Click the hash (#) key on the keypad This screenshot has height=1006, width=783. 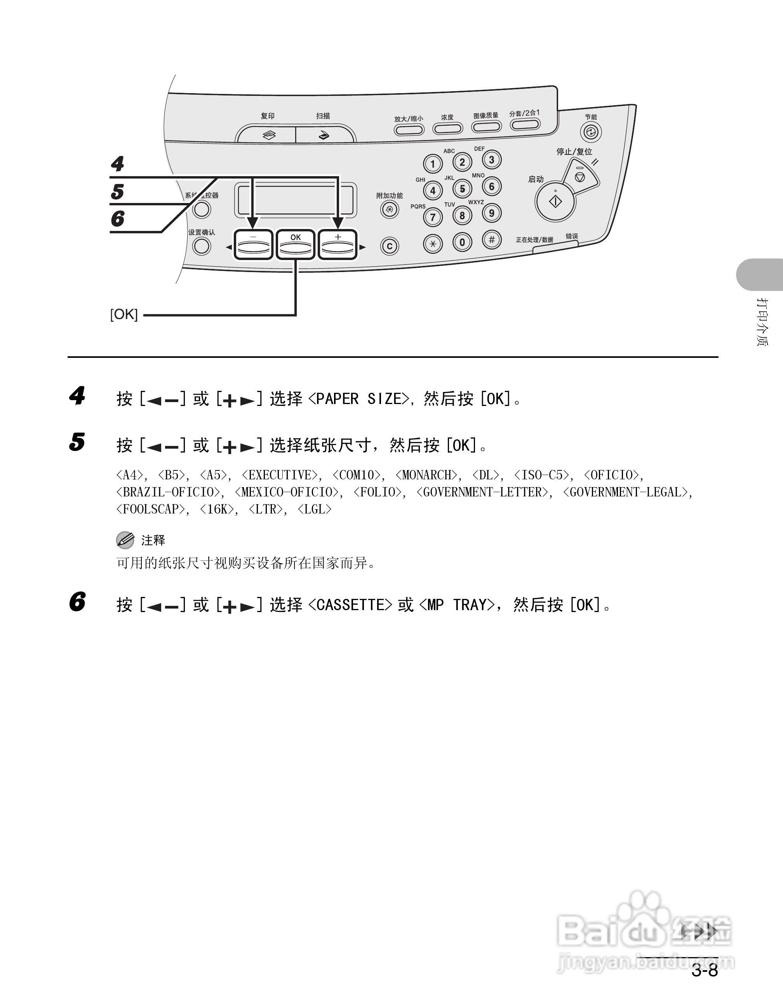tap(492, 240)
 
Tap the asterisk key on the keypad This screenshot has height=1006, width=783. tap(433, 244)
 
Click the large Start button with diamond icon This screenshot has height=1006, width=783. tap(555, 202)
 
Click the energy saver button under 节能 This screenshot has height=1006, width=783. tap(591, 133)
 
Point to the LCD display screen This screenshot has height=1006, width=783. tap(296, 200)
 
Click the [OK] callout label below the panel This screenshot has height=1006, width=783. tap(124, 315)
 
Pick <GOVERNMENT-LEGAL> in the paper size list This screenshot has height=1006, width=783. tap(625, 493)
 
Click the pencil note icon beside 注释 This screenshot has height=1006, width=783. tap(125, 540)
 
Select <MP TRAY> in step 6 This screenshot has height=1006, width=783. tap(456, 605)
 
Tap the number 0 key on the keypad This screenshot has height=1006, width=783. tap(462, 242)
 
